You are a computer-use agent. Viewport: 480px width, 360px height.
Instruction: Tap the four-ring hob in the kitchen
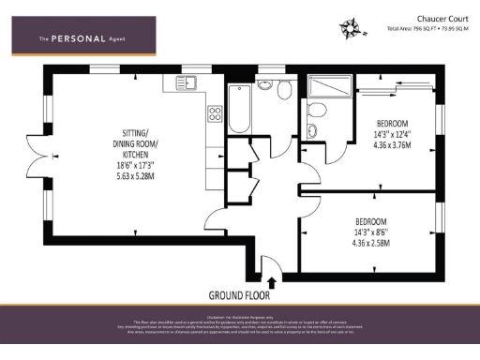coord(214,115)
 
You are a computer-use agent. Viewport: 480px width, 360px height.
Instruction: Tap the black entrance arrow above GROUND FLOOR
coord(272,279)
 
